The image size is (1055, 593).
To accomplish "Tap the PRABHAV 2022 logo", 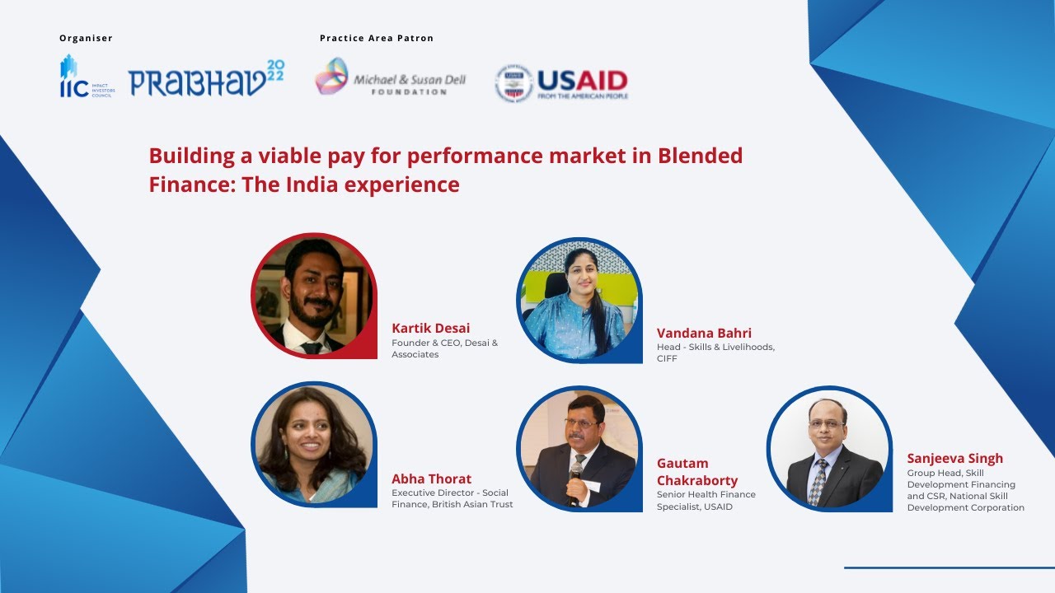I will pyautogui.click(x=206, y=79).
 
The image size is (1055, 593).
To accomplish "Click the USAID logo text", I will pyautogui.click(x=582, y=81).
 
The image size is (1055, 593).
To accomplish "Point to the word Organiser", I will pyautogui.click(x=86, y=39).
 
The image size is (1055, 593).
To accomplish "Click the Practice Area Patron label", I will pyautogui.click(x=376, y=39).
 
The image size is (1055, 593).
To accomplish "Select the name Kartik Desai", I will pyautogui.click(x=430, y=329).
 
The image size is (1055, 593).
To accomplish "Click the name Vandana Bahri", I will pyautogui.click(x=704, y=334).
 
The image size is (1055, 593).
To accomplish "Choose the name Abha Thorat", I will pyautogui.click(x=431, y=479).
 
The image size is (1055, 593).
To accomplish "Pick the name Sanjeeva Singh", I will pyautogui.click(x=954, y=459).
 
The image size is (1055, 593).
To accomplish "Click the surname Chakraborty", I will pyautogui.click(x=696, y=480).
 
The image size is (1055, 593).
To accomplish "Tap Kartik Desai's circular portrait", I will pyautogui.click(x=313, y=295).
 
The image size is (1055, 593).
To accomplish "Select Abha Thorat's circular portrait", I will pyautogui.click(x=313, y=444).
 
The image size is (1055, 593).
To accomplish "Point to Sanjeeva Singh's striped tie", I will pyautogui.click(x=818, y=480).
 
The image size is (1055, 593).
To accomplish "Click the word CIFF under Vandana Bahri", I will pyautogui.click(x=667, y=358).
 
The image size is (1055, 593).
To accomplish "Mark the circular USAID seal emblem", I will pyautogui.click(x=513, y=83).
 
